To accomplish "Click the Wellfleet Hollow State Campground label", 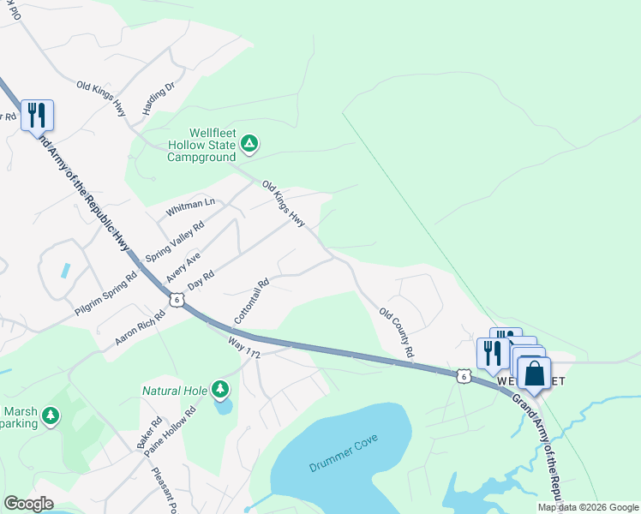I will click(201, 146).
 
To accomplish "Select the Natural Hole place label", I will click(175, 391).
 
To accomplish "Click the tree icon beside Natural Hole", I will click(221, 391).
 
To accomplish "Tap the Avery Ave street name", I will click(183, 267).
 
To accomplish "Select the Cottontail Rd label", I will click(251, 300).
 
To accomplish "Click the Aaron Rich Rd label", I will click(140, 329).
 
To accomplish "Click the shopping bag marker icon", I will click(534, 374).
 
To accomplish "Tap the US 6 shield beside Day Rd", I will click(176, 299).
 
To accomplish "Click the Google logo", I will click(28, 504).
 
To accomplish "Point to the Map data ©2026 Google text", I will click(588, 507).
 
